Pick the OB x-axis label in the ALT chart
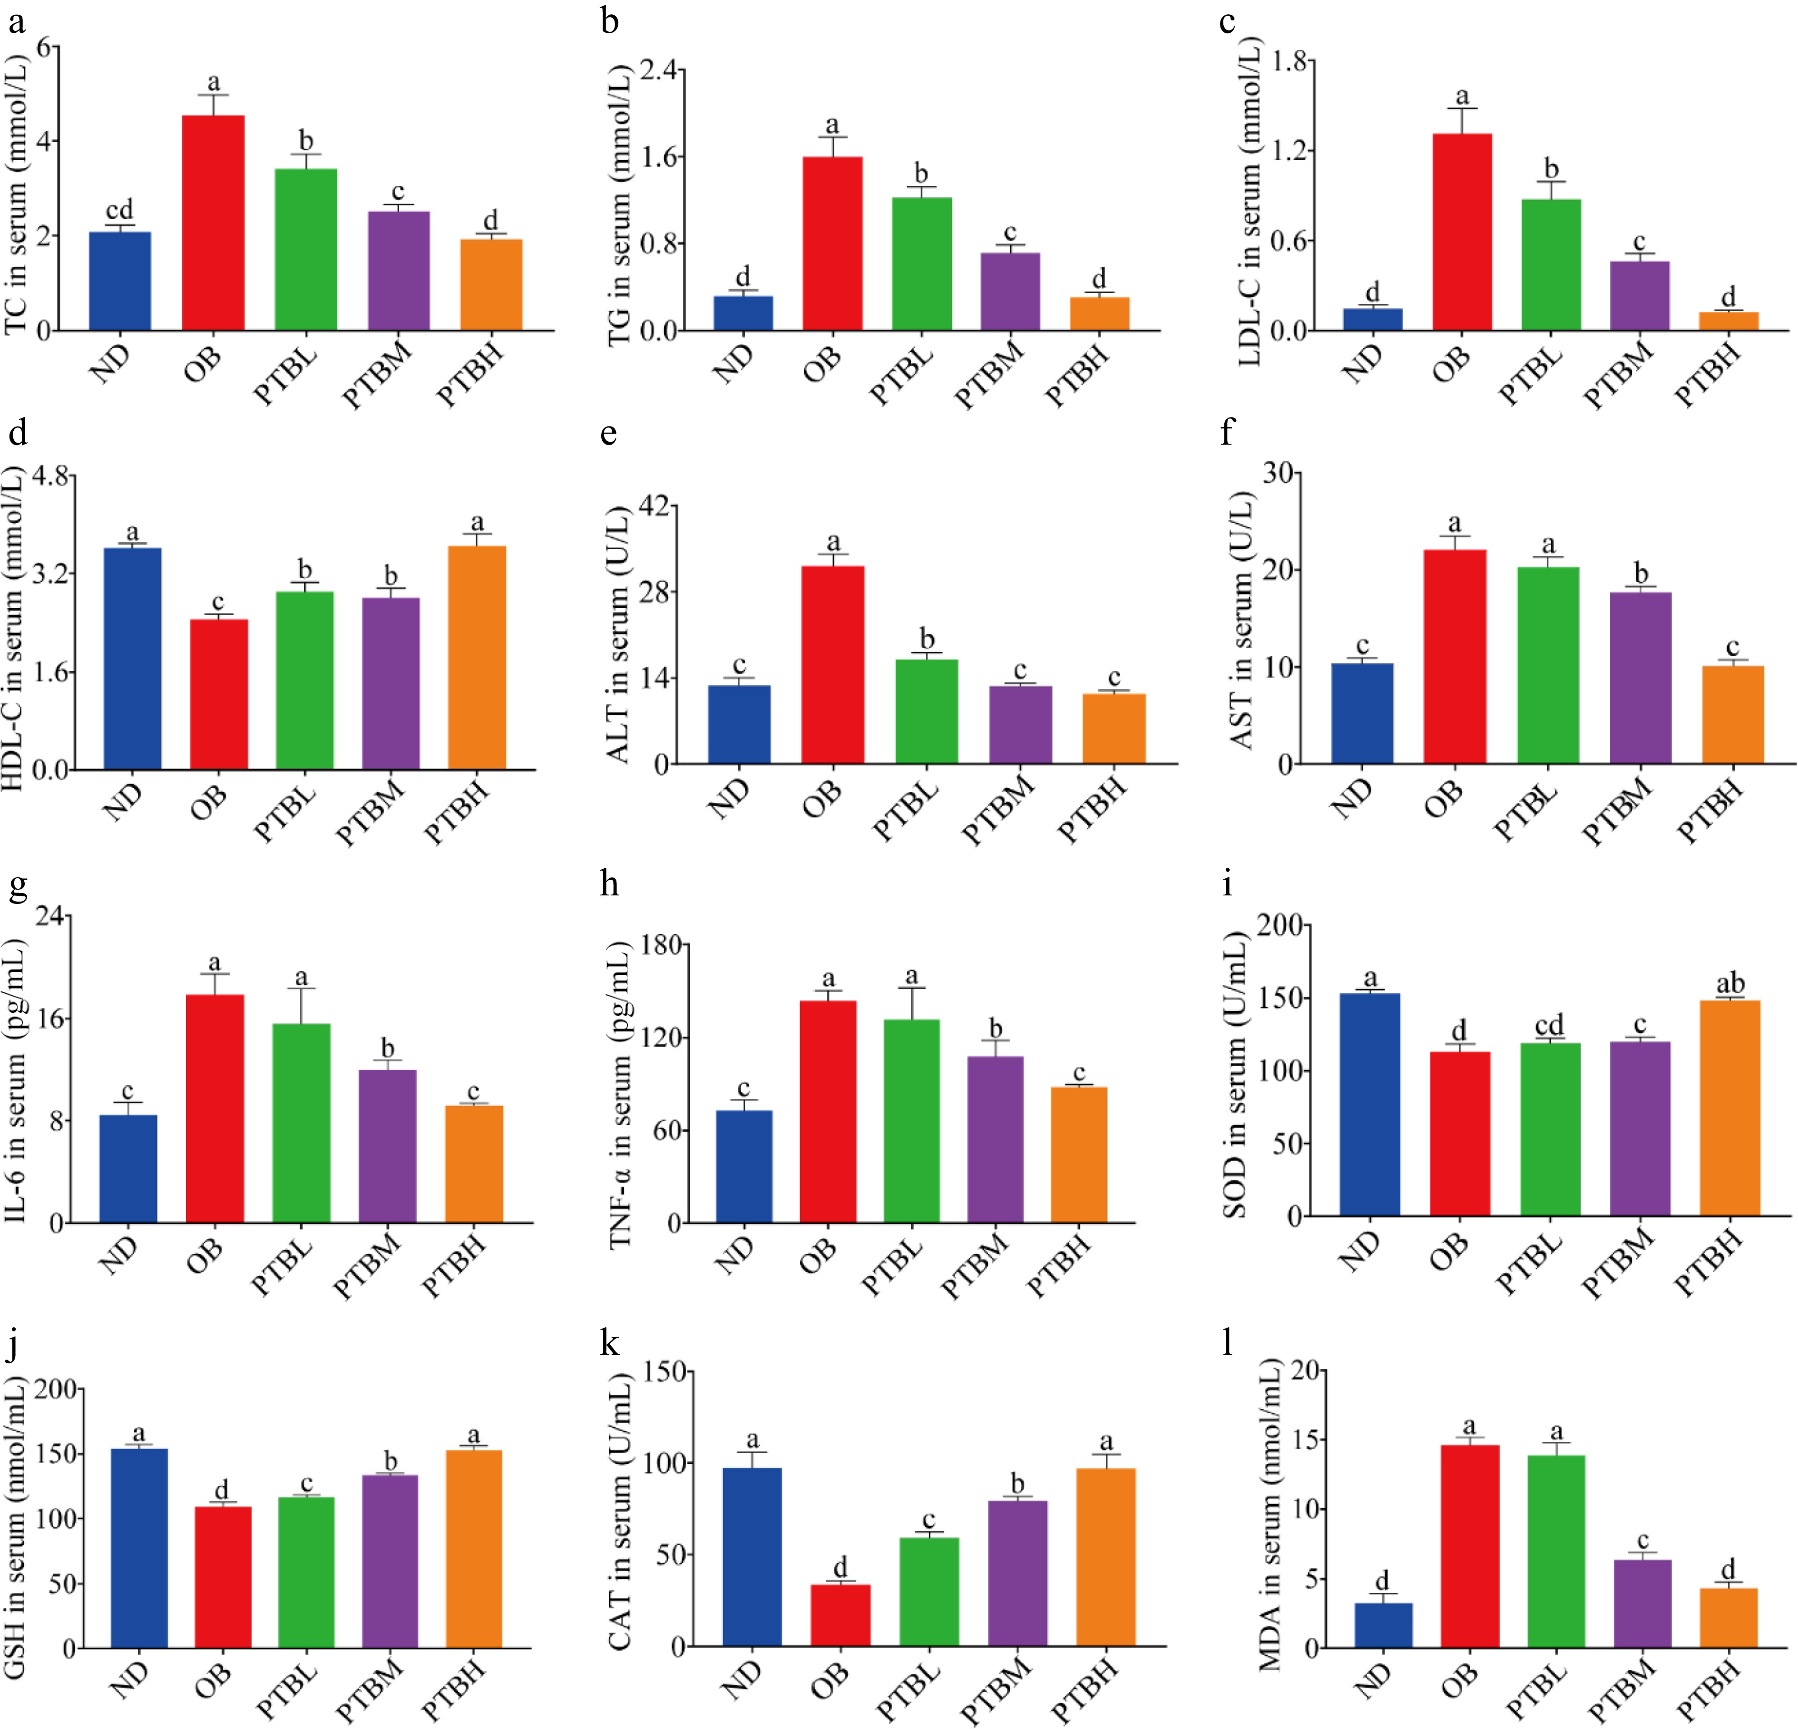823,797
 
